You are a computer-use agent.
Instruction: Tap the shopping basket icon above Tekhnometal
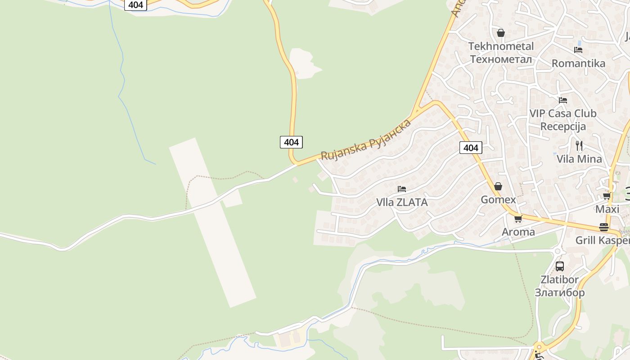pyautogui.click(x=500, y=33)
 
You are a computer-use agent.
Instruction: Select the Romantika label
pyautogui.click(x=578, y=63)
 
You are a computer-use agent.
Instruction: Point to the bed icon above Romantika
pyautogui.click(x=578, y=50)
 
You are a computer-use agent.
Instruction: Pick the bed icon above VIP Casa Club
pyautogui.click(x=563, y=100)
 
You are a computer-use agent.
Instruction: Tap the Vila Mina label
pyautogui.click(x=579, y=159)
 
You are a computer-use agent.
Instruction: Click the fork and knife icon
pyautogui.click(x=579, y=146)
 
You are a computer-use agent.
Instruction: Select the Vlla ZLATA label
pyautogui.click(x=402, y=202)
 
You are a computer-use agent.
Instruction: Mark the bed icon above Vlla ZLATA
pyautogui.click(x=402, y=189)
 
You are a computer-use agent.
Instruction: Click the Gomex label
pyautogui.click(x=498, y=200)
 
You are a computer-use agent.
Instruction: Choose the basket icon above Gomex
pyautogui.click(x=498, y=186)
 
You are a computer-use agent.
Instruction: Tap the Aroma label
pyautogui.click(x=518, y=232)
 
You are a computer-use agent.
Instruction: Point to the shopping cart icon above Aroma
pyautogui.click(x=518, y=219)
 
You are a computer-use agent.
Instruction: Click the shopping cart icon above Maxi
pyautogui.click(x=607, y=196)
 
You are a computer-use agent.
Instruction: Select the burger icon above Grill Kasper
pyautogui.click(x=603, y=227)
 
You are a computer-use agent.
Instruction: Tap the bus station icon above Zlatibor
pyautogui.click(x=559, y=266)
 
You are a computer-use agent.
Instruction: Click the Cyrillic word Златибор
pyautogui.click(x=559, y=292)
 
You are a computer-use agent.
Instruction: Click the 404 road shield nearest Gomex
pyautogui.click(x=471, y=148)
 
